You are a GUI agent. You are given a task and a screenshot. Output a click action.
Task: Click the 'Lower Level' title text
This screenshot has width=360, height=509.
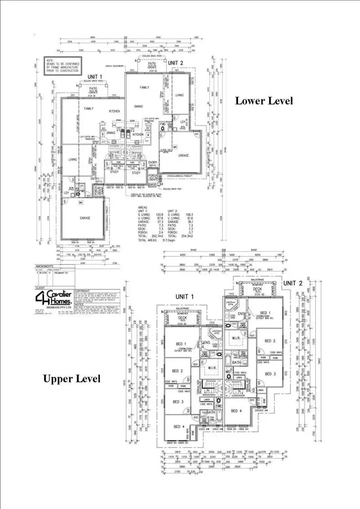(x=264, y=101)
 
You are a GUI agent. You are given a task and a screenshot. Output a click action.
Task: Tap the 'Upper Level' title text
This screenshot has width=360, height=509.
(x=72, y=379)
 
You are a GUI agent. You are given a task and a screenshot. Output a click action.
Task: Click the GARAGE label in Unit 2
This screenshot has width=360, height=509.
(x=183, y=156)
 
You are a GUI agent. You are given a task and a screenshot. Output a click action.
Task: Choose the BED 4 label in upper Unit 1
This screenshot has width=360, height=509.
(x=178, y=426)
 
